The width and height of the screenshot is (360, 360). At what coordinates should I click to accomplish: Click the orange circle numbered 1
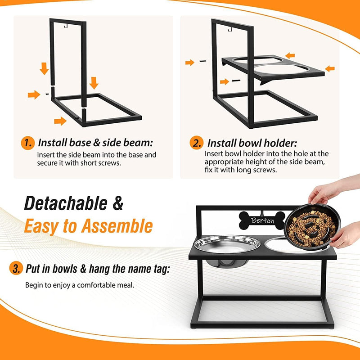(27, 143)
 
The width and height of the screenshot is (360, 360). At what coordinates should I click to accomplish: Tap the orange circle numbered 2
(197, 143)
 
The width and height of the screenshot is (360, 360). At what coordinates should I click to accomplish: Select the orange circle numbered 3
(16, 268)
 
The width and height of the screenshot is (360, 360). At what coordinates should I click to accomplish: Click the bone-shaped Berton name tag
(262, 220)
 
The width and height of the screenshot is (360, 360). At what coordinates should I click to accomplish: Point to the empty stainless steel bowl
(227, 245)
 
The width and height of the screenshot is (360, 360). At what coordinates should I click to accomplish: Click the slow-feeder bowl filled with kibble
(312, 227)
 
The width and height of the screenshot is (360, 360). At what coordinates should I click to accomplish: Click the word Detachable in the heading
(66, 203)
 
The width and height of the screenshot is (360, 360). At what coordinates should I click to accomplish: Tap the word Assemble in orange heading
(117, 226)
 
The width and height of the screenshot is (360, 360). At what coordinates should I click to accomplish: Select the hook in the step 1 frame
(65, 26)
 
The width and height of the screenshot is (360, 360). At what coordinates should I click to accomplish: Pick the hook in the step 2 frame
(230, 29)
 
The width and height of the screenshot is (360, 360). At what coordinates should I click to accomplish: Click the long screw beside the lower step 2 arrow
(236, 81)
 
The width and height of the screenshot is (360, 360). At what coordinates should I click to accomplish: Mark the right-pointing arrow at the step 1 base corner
(60, 121)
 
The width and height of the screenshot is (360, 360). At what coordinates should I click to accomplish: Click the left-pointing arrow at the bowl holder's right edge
(330, 68)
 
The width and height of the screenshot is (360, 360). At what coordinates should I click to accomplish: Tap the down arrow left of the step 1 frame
(44, 68)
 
